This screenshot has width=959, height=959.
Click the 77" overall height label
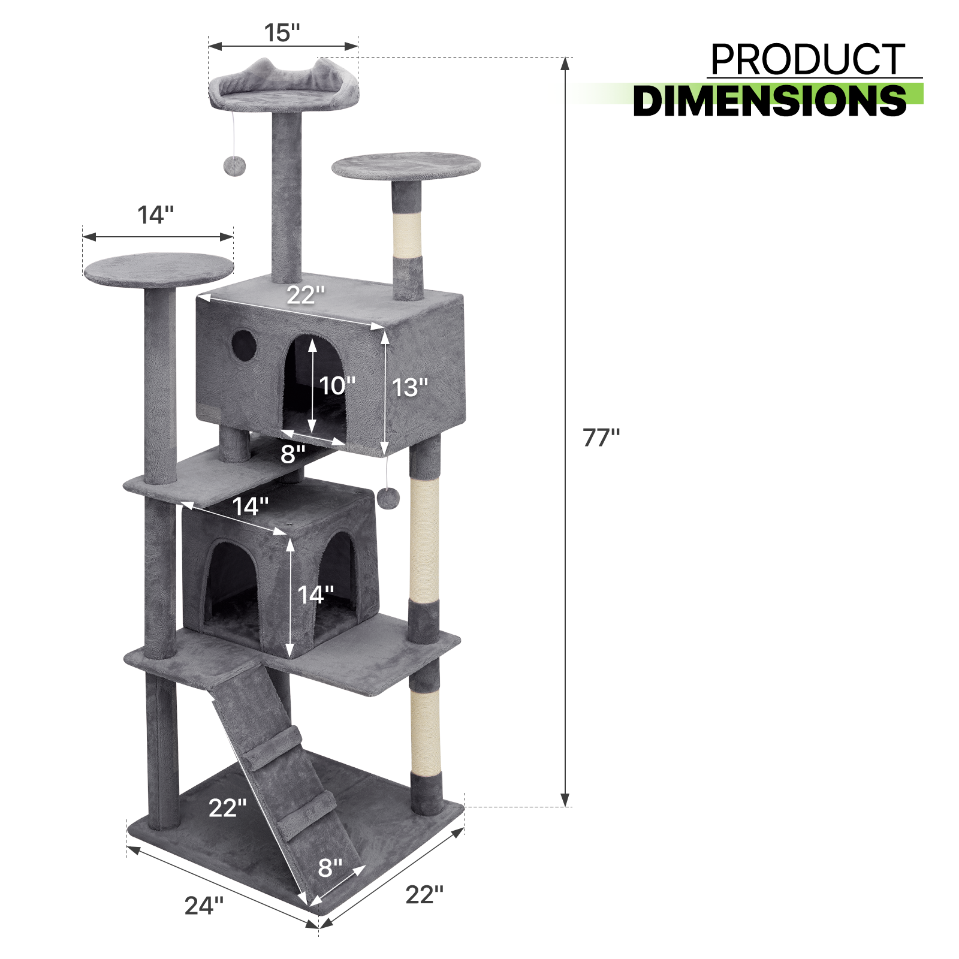601,438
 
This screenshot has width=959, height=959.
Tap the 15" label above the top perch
282,33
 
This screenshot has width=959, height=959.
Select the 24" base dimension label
204,905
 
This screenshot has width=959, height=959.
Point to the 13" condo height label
410,388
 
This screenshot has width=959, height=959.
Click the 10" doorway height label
337,386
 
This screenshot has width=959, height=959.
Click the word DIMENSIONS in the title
770,101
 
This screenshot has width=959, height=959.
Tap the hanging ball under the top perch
231,166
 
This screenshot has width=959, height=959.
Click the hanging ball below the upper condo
388,497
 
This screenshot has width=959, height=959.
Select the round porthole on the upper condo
244,345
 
